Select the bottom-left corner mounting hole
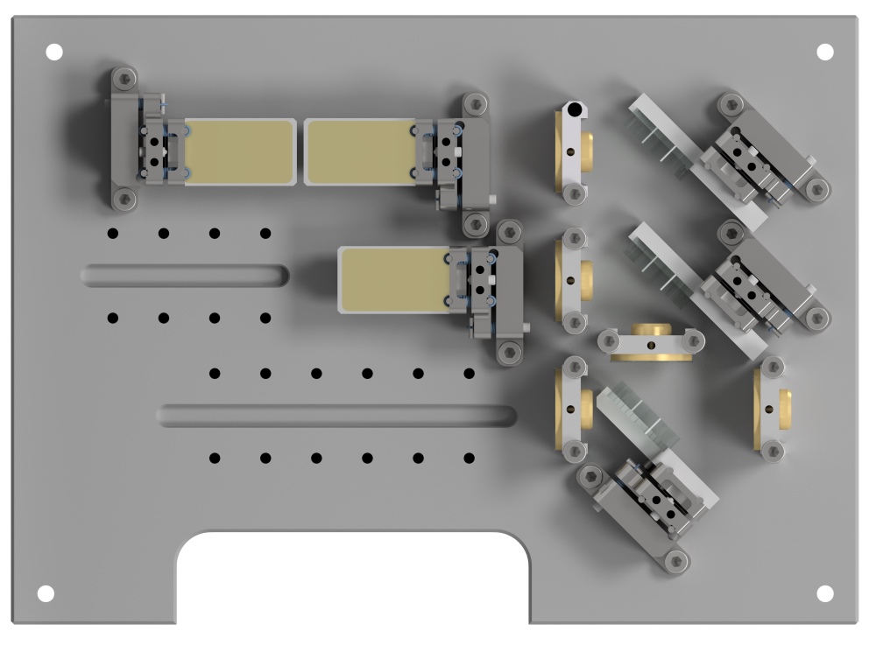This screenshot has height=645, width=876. (x=46, y=593)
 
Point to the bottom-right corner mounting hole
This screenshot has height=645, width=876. (x=824, y=593)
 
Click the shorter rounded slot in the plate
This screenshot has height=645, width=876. (x=185, y=276)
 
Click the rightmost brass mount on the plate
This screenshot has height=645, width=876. (x=774, y=408)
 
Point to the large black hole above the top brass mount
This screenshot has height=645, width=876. (x=573, y=110)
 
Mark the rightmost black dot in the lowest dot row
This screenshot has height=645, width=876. (x=470, y=458)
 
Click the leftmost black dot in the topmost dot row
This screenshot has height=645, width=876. (x=112, y=233)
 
